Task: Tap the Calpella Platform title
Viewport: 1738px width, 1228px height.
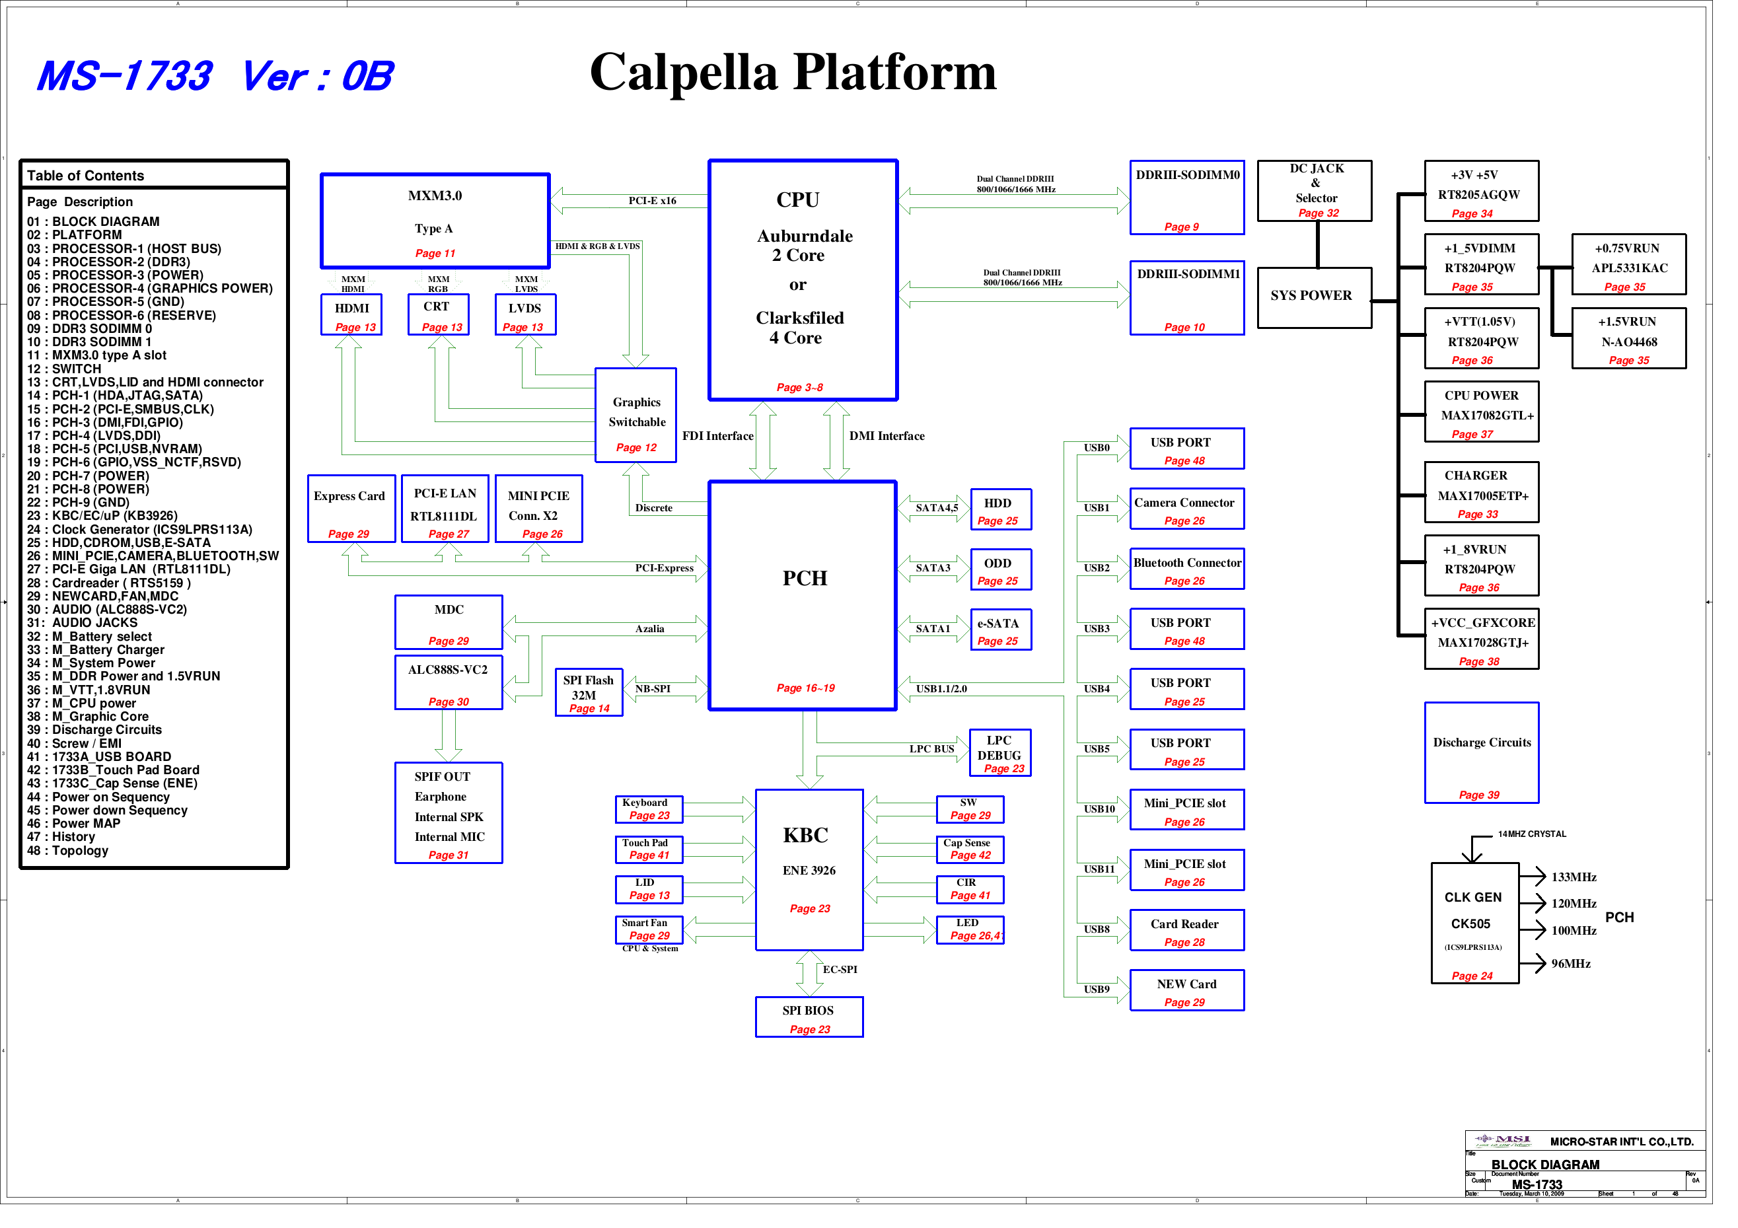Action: (793, 73)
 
